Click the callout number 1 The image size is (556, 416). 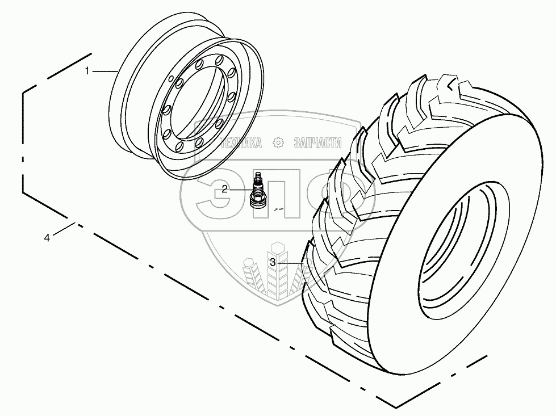[87, 71]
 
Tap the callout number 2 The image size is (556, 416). [225, 189]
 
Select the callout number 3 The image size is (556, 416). [273, 263]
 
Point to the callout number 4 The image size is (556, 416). [47, 238]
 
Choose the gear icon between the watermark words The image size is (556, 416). [278, 143]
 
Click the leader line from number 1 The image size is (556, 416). [104, 71]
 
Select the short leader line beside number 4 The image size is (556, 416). [65, 230]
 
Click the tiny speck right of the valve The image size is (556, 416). [278, 209]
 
